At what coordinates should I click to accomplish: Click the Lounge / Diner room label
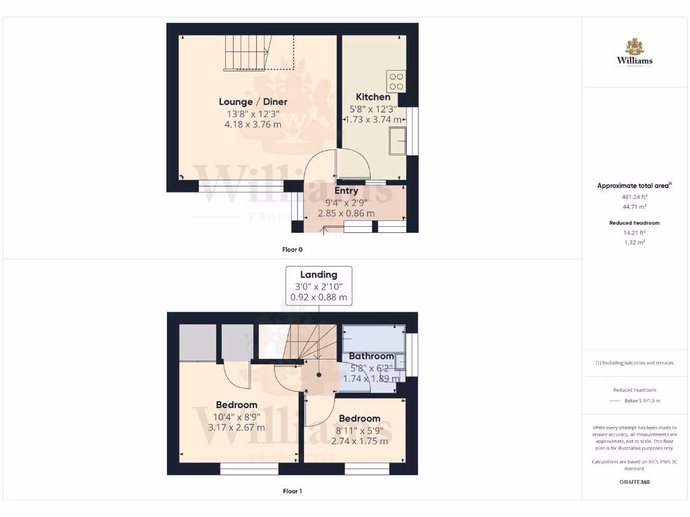click(x=253, y=102)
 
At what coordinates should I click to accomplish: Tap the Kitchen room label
click(x=373, y=97)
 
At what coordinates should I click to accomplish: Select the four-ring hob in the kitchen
click(x=396, y=81)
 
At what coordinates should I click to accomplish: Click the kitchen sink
click(x=397, y=141)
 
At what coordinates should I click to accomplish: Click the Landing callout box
click(x=319, y=285)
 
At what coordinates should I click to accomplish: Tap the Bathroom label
click(x=371, y=356)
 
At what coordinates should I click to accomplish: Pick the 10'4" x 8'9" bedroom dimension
click(x=237, y=417)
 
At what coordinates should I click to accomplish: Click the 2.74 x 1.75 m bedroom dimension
click(x=360, y=441)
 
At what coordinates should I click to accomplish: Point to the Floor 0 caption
click(x=292, y=249)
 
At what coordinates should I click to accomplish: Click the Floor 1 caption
click(x=292, y=491)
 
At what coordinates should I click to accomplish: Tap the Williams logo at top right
click(x=635, y=53)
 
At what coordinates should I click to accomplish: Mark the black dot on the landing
click(x=319, y=376)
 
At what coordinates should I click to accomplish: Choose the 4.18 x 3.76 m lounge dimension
click(x=253, y=125)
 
